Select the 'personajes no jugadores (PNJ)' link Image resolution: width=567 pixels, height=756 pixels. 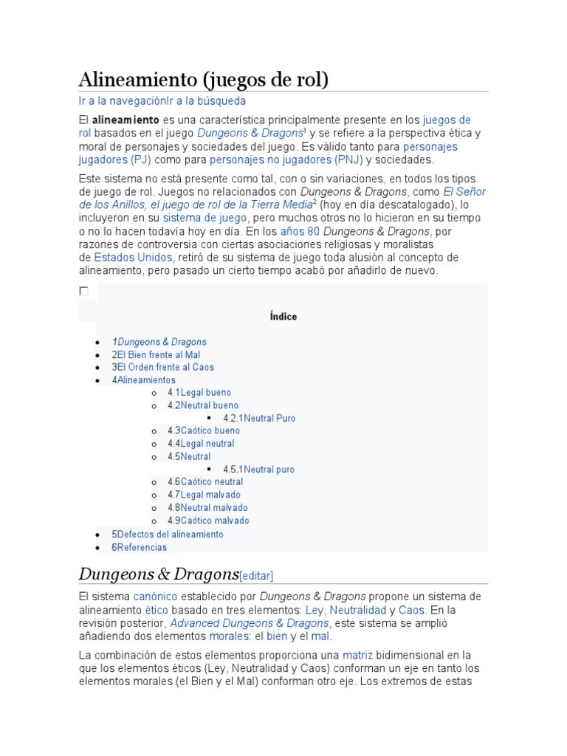click(x=286, y=159)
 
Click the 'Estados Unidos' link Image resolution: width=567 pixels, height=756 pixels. click(x=133, y=258)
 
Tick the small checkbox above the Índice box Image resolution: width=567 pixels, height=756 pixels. click(x=83, y=292)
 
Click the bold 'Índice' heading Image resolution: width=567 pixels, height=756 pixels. click(x=283, y=317)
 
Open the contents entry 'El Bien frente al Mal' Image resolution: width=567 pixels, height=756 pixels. click(x=159, y=354)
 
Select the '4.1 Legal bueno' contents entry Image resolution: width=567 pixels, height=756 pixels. click(x=205, y=393)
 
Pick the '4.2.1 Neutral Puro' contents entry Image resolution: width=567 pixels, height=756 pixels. click(x=269, y=418)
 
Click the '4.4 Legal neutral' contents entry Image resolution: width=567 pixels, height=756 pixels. click(x=207, y=444)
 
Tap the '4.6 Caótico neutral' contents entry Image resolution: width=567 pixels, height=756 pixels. click(x=211, y=482)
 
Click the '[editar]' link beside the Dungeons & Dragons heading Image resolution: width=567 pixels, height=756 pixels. click(x=257, y=576)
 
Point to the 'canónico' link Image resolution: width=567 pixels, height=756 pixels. click(x=155, y=597)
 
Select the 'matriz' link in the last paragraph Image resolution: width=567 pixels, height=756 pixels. click(x=357, y=655)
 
